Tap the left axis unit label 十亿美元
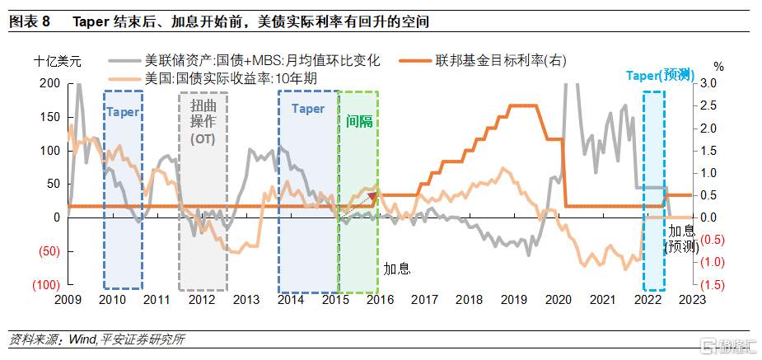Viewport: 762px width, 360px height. coord(58,61)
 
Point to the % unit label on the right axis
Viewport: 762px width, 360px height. coord(718,66)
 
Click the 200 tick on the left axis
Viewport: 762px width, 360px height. coord(49,84)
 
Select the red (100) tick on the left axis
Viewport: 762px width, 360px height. coord(45,284)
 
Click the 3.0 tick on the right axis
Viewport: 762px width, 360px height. coord(709,84)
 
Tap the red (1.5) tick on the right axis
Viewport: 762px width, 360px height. coord(713,284)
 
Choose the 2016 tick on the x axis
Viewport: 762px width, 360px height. coord(379,300)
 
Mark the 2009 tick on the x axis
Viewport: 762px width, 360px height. coord(68,300)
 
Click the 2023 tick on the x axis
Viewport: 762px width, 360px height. coord(691,300)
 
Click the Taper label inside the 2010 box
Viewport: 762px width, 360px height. coord(124,111)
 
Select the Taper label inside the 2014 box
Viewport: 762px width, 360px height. coord(308,109)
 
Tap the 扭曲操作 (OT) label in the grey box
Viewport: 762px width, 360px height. coord(203,124)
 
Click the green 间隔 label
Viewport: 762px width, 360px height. coord(359,121)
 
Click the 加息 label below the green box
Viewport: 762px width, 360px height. coord(397,269)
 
